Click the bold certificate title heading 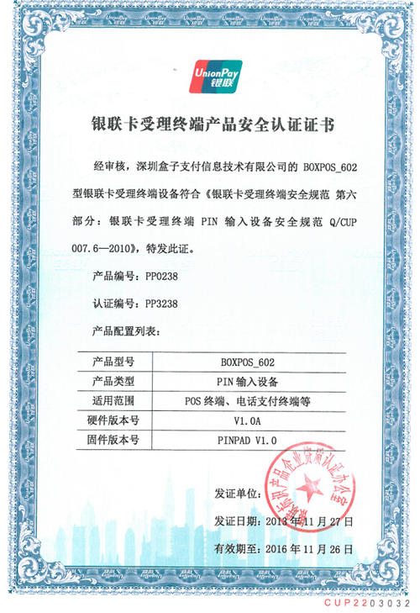[x=212, y=125]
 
